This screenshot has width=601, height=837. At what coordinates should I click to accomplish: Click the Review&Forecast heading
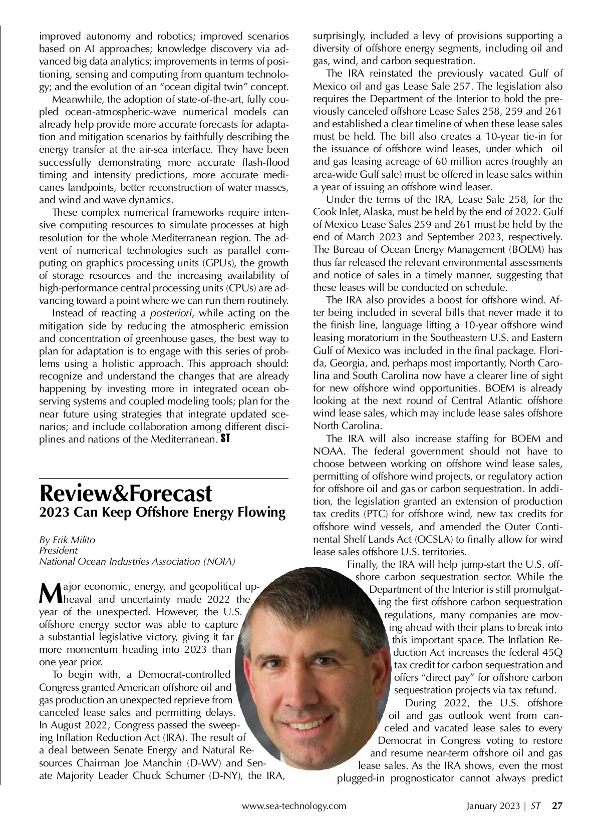coord(126,494)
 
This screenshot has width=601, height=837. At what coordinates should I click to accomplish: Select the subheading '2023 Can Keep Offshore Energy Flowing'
coord(162,513)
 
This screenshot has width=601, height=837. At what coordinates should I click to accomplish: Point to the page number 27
coord(557,806)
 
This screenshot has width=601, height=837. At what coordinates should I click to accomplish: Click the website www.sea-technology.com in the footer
coord(294,806)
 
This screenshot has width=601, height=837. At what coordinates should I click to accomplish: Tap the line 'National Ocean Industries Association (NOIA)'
coord(137,561)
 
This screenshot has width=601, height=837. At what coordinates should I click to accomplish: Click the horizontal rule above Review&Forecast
coord(164,479)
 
